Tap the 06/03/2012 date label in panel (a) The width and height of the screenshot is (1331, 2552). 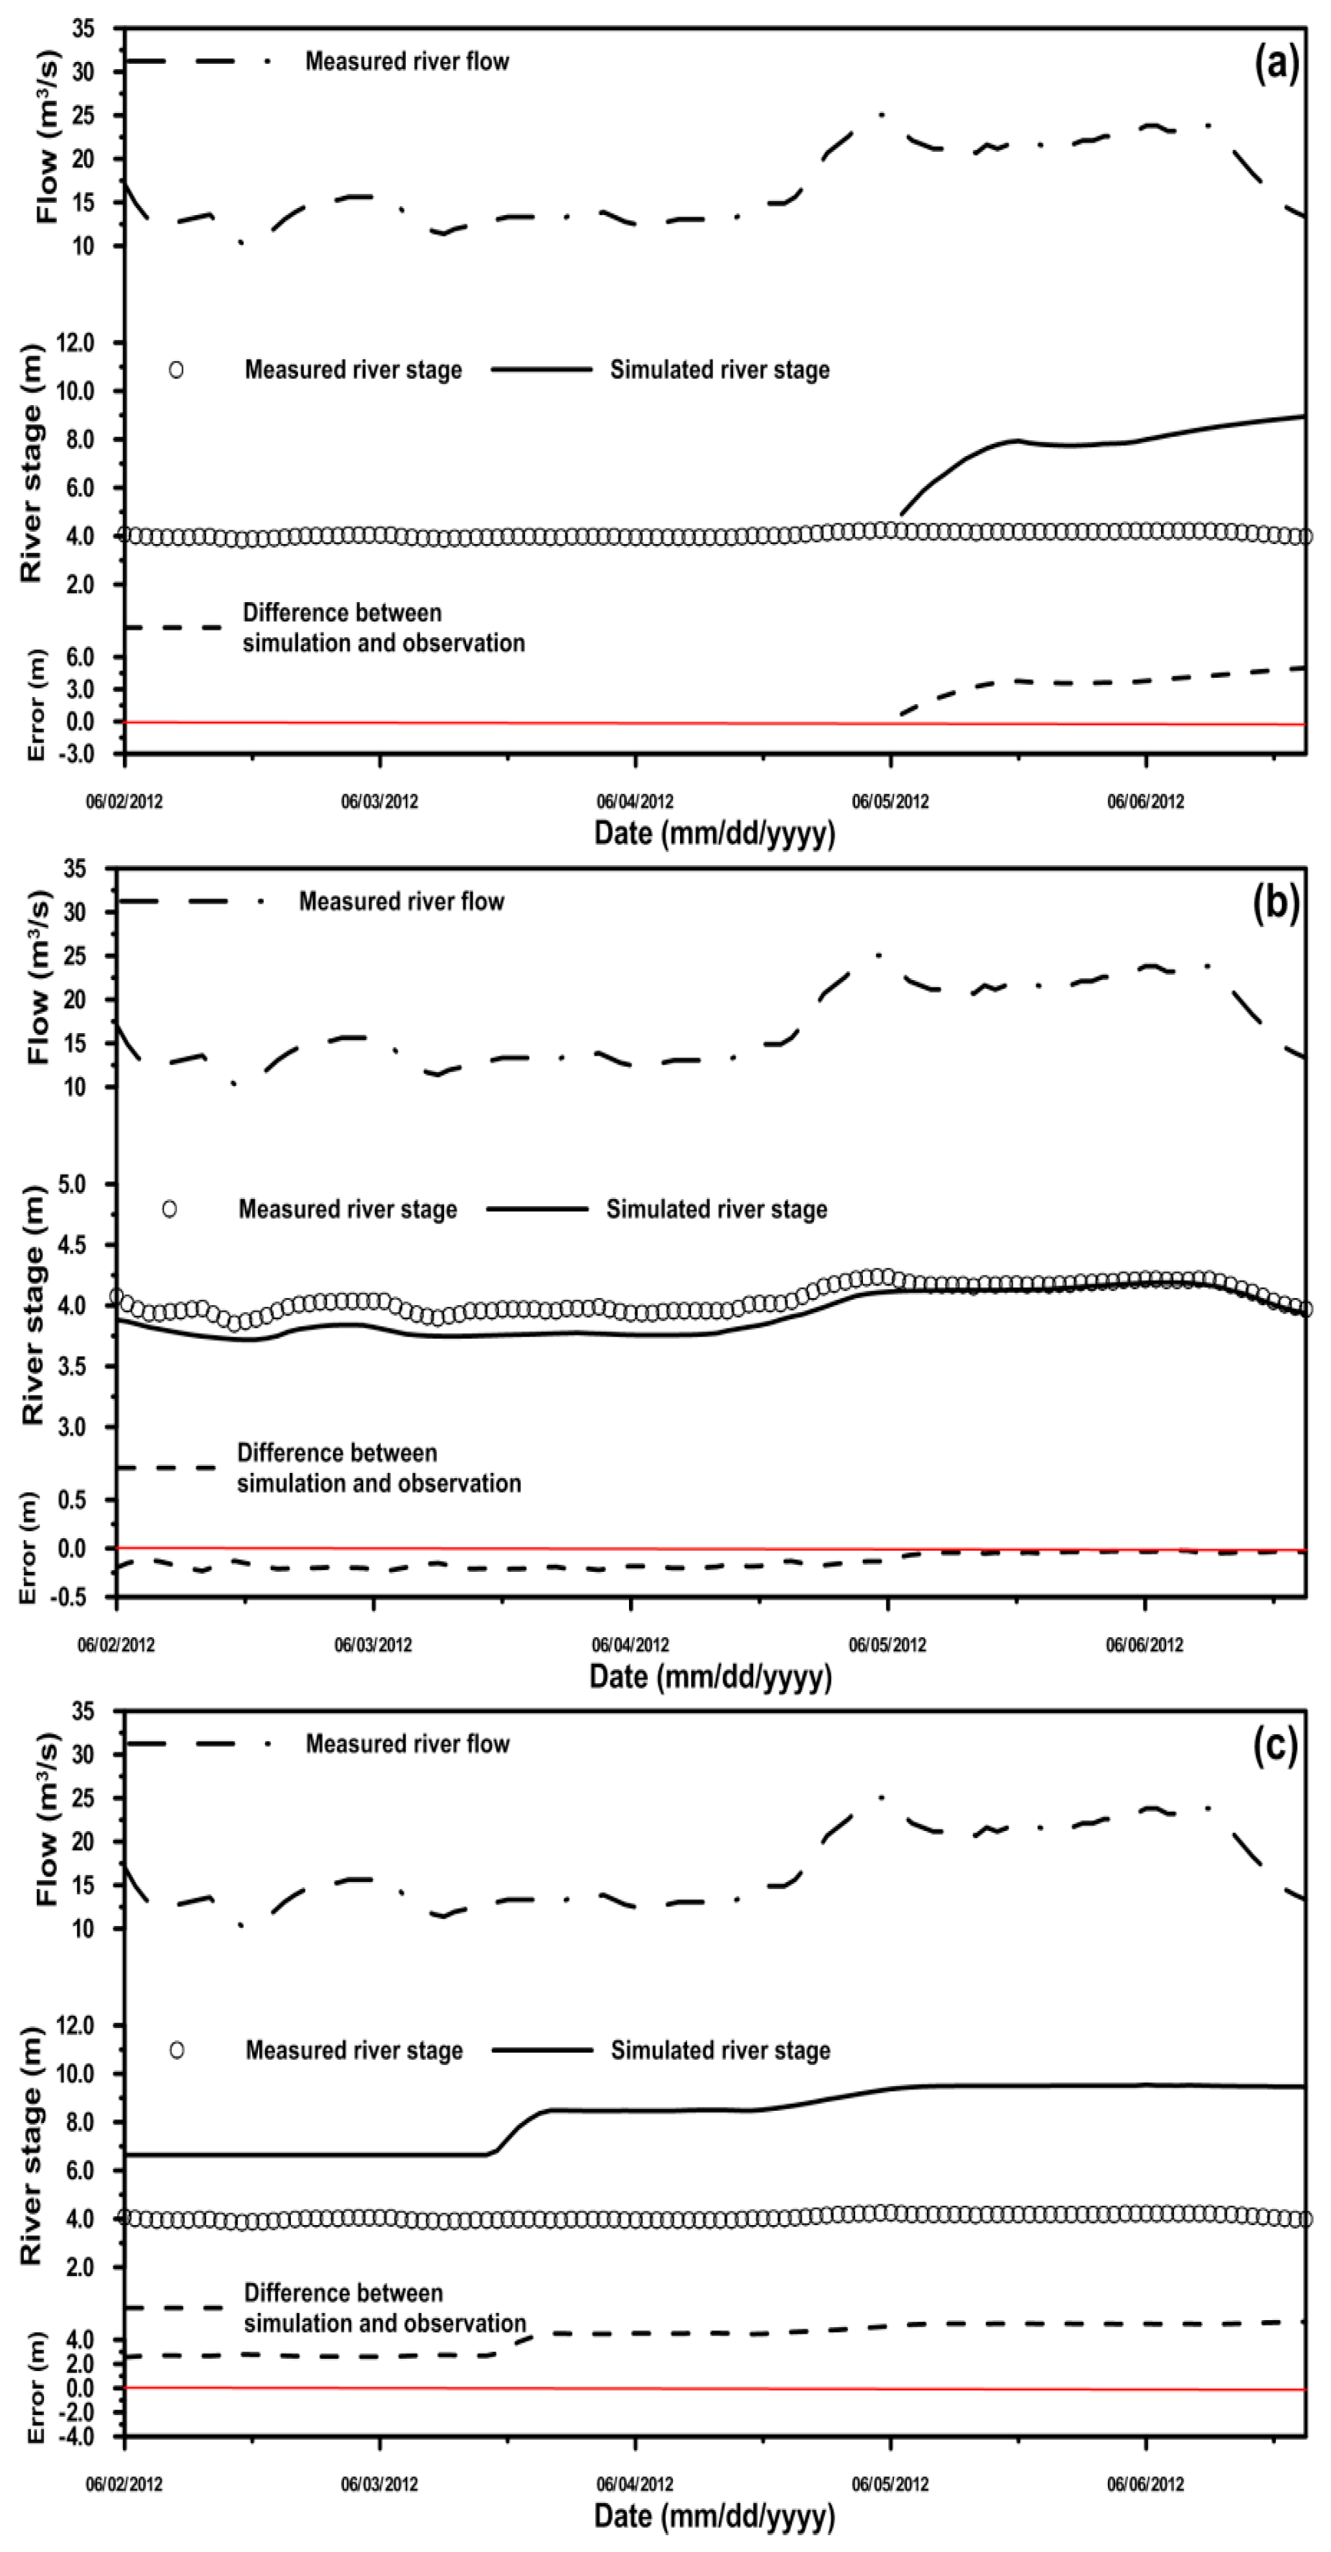point(379,802)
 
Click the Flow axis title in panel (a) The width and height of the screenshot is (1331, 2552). point(47,138)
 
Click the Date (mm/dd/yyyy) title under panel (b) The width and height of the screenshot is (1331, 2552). point(710,1676)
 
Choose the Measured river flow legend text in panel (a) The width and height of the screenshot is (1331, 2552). point(407,61)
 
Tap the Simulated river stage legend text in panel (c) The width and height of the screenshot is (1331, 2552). point(721,2051)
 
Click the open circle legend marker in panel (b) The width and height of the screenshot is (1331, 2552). point(169,1209)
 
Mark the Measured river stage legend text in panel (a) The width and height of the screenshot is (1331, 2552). point(353,370)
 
